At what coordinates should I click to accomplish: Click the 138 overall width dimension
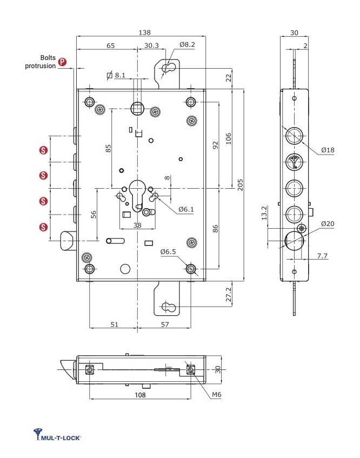click(x=145, y=32)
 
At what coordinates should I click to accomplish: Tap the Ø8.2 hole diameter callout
click(x=187, y=44)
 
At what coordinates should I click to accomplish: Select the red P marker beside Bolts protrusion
click(x=62, y=62)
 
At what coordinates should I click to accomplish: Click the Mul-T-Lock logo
click(x=57, y=435)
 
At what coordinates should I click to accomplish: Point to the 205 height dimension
click(x=241, y=185)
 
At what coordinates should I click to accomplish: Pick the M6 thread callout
click(x=216, y=395)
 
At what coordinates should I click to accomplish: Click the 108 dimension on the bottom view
click(x=140, y=395)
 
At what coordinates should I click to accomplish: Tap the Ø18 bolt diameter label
click(x=328, y=150)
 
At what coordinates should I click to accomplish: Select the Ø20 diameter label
click(x=328, y=224)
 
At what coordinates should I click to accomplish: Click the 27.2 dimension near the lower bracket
click(x=228, y=294)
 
